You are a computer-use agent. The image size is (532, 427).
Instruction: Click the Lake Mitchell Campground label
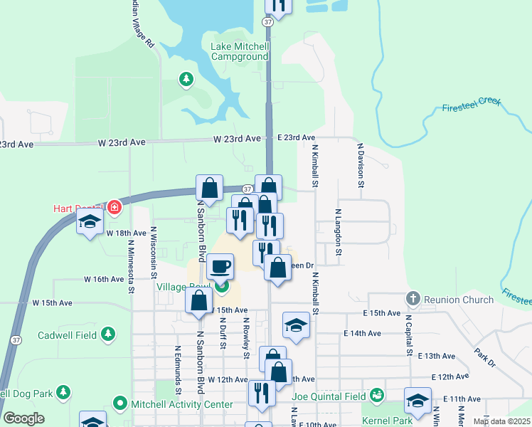(x=240, y=51)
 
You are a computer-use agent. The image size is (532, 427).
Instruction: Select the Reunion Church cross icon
(x=413, y=299)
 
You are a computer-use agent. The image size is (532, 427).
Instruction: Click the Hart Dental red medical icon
(x=115, y=208)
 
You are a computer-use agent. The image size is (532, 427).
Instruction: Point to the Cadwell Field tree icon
(x=108, y=334)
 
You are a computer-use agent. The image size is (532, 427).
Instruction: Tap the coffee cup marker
(x=220, y=268)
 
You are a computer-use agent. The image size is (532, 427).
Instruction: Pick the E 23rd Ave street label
(x=296, y=137)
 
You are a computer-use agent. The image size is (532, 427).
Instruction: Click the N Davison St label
(x=361, y=164)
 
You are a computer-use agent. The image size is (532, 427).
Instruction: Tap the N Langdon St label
(x=339, y=232)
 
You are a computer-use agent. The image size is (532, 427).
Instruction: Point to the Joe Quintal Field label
(x=328, y=396)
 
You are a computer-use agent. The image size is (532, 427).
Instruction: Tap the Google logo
(x=24, y=418)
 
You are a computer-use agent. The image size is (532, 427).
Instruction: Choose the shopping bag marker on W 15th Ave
(x=198, y=300)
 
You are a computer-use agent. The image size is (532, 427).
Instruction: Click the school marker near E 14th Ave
(x=296, y=325)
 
